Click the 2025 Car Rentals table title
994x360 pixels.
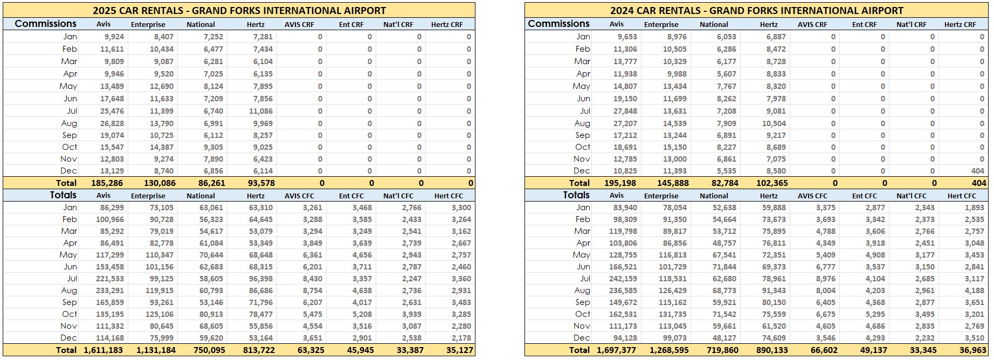[239, 10]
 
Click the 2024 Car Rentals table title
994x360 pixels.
[756, 10]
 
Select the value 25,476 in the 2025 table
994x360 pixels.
[112, 111]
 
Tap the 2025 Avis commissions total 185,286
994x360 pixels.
[107, 183]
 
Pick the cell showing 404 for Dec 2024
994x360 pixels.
[977, 171]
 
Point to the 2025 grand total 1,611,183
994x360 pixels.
[103, 350]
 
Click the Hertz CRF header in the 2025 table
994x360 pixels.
[447, 24]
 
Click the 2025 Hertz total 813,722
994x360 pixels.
[256, 350]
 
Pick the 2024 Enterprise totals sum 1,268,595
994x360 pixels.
[665, 350]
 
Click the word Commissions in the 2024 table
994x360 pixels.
[558, 24]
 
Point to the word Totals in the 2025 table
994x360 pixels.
[63, 195]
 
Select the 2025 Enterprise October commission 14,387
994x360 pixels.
[161, 147]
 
